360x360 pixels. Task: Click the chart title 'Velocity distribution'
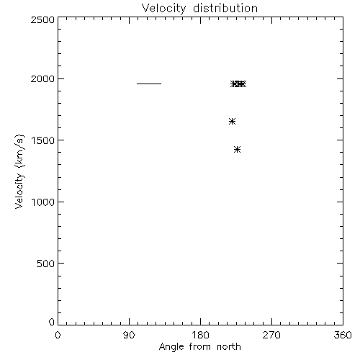tap(199, 9)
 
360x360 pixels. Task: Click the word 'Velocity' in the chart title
tap(163, 9)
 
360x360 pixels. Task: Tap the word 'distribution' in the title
tap(225, 8)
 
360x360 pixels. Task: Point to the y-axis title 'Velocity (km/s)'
tap(19, 171)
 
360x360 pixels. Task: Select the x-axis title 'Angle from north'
tap(200, 347)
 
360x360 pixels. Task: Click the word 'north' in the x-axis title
tap(229, 346)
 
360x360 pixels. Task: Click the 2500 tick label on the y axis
tap(42, 19)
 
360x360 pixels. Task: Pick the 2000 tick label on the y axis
tap(42, 78)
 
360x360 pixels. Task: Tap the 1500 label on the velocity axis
tap(43, 140)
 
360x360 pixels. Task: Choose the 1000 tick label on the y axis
tap(43, 202)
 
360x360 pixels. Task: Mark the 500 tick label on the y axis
tap(45, 264)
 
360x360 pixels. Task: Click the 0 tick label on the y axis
tap(52, 322)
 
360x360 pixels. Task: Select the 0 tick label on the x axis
tap(58, 335)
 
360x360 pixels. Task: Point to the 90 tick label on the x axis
tap(129, 335)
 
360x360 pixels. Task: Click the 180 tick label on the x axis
tap(200, 335)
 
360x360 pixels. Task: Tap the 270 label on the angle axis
tap(271, 335)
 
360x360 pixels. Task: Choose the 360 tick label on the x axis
tap(343, 335)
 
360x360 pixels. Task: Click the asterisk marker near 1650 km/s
tap(232, 122)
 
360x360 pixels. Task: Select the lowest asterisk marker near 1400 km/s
tap(237, 150)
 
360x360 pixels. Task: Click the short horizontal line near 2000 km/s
tap(149, 84)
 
